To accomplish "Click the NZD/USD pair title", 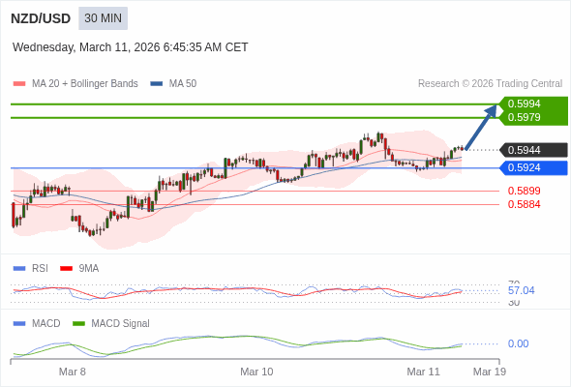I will click(40, 18).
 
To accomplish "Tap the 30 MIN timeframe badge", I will click(103, 18).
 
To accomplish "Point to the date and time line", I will click(131, 46).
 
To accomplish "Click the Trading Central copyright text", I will click(490, 84).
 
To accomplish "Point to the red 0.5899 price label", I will click(524, 191).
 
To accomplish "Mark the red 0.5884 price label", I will click(524, 204).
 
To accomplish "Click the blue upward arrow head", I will click(492, 109).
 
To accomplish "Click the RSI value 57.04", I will click(521, 290).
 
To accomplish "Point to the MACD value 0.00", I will click(518, 343).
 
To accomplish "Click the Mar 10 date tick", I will click(256, 372).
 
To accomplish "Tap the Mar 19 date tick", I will click(489, 372).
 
